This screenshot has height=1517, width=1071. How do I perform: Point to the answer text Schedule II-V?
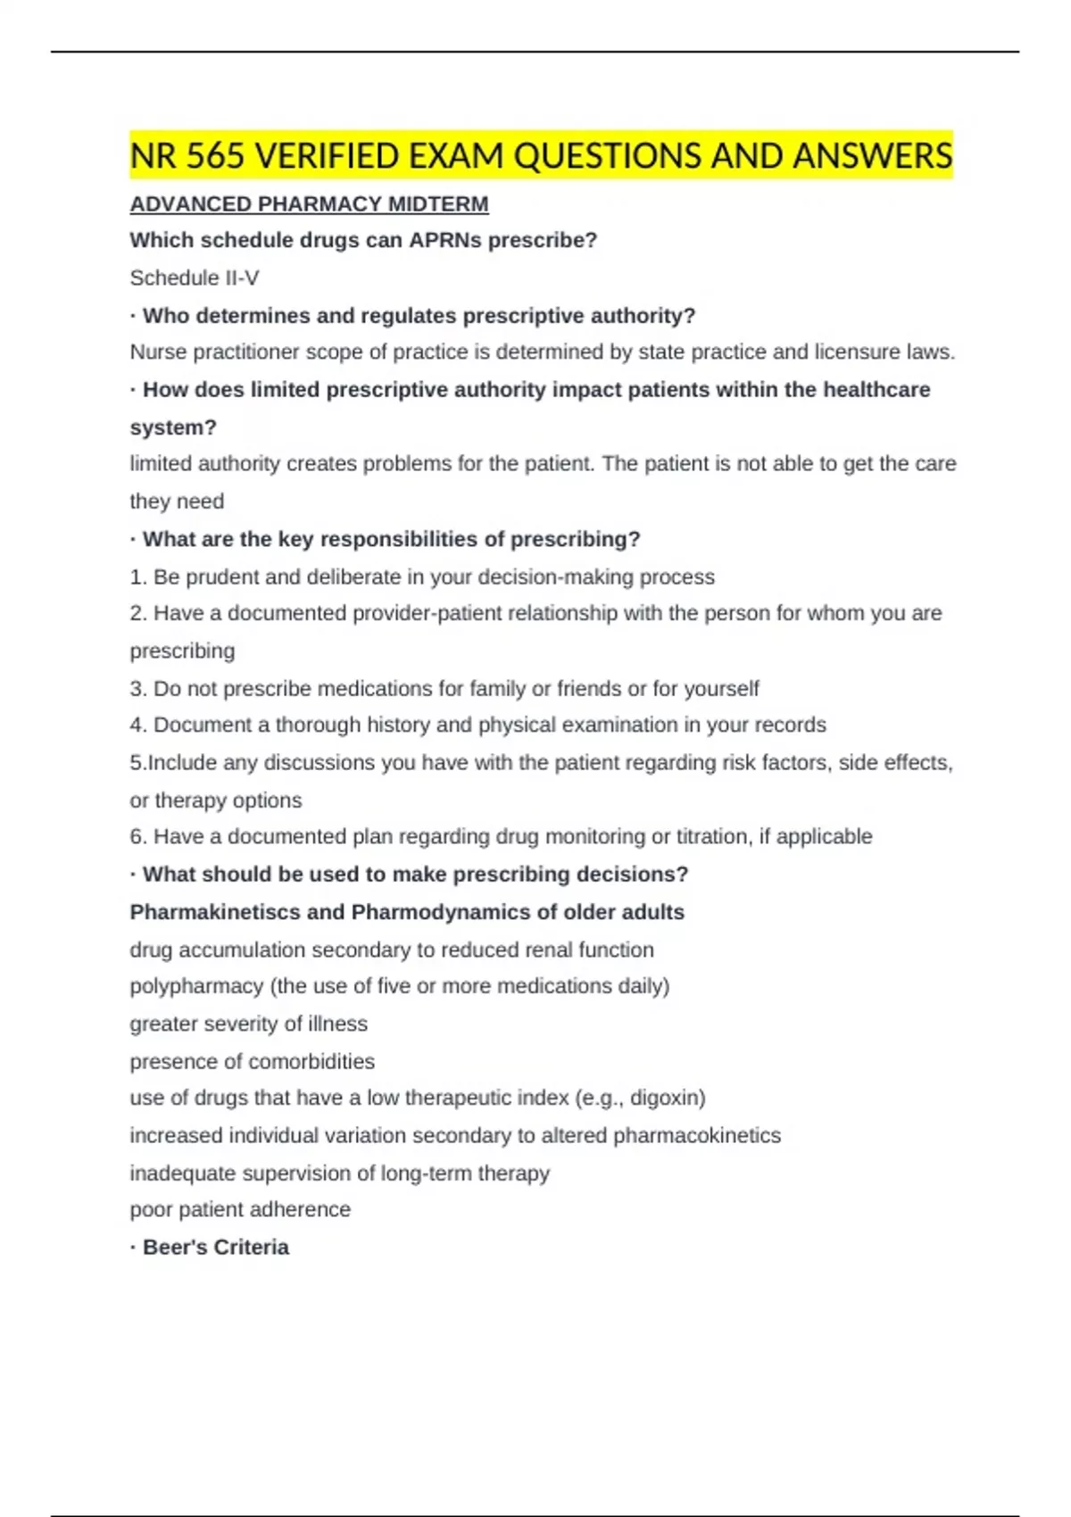(x=195, y=278)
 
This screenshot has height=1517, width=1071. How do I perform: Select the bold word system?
(x=173, y=427)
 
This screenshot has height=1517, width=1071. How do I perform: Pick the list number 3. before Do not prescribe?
(x=138, y=689)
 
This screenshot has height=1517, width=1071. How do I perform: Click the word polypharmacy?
(x=196, y=986)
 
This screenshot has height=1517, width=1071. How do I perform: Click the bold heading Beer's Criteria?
(x=215, y=1248)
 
